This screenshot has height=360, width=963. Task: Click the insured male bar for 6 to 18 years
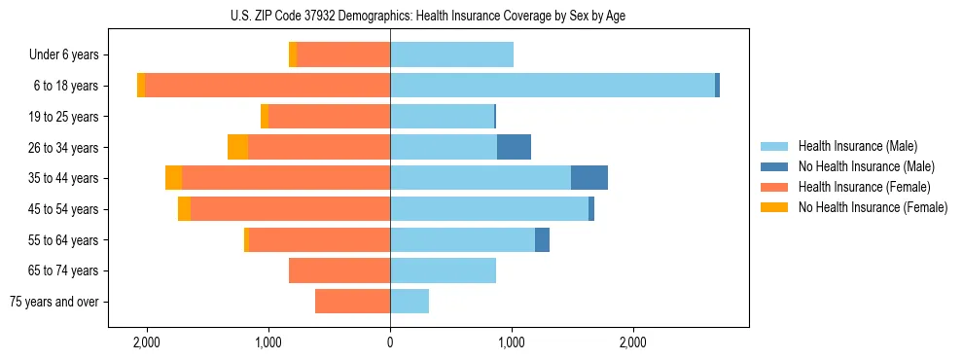[552, 86]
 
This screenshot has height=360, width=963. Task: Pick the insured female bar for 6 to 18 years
[267, 86]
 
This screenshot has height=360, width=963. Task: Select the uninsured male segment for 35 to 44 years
[588, 178]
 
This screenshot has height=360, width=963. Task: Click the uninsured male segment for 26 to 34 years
[514, 147]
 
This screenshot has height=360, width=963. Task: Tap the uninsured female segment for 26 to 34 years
[237, 147]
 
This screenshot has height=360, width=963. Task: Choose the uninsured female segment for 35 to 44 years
[173, 178]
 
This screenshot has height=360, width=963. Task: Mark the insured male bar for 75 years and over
[410, 302]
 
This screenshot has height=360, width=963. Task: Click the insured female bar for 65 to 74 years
[339, 270]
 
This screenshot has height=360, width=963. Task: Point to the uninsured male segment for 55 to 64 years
[542, 239]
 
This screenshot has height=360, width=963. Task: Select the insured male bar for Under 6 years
[451, 55]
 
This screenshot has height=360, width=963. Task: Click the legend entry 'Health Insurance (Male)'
[857, 146]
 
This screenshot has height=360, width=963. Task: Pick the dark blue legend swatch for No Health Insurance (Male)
[774, 166]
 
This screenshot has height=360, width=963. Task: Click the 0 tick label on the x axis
[390, 342]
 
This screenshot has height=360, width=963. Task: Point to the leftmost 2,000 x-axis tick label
[147, 342]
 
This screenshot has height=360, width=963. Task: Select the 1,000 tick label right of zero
[512, 342]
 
